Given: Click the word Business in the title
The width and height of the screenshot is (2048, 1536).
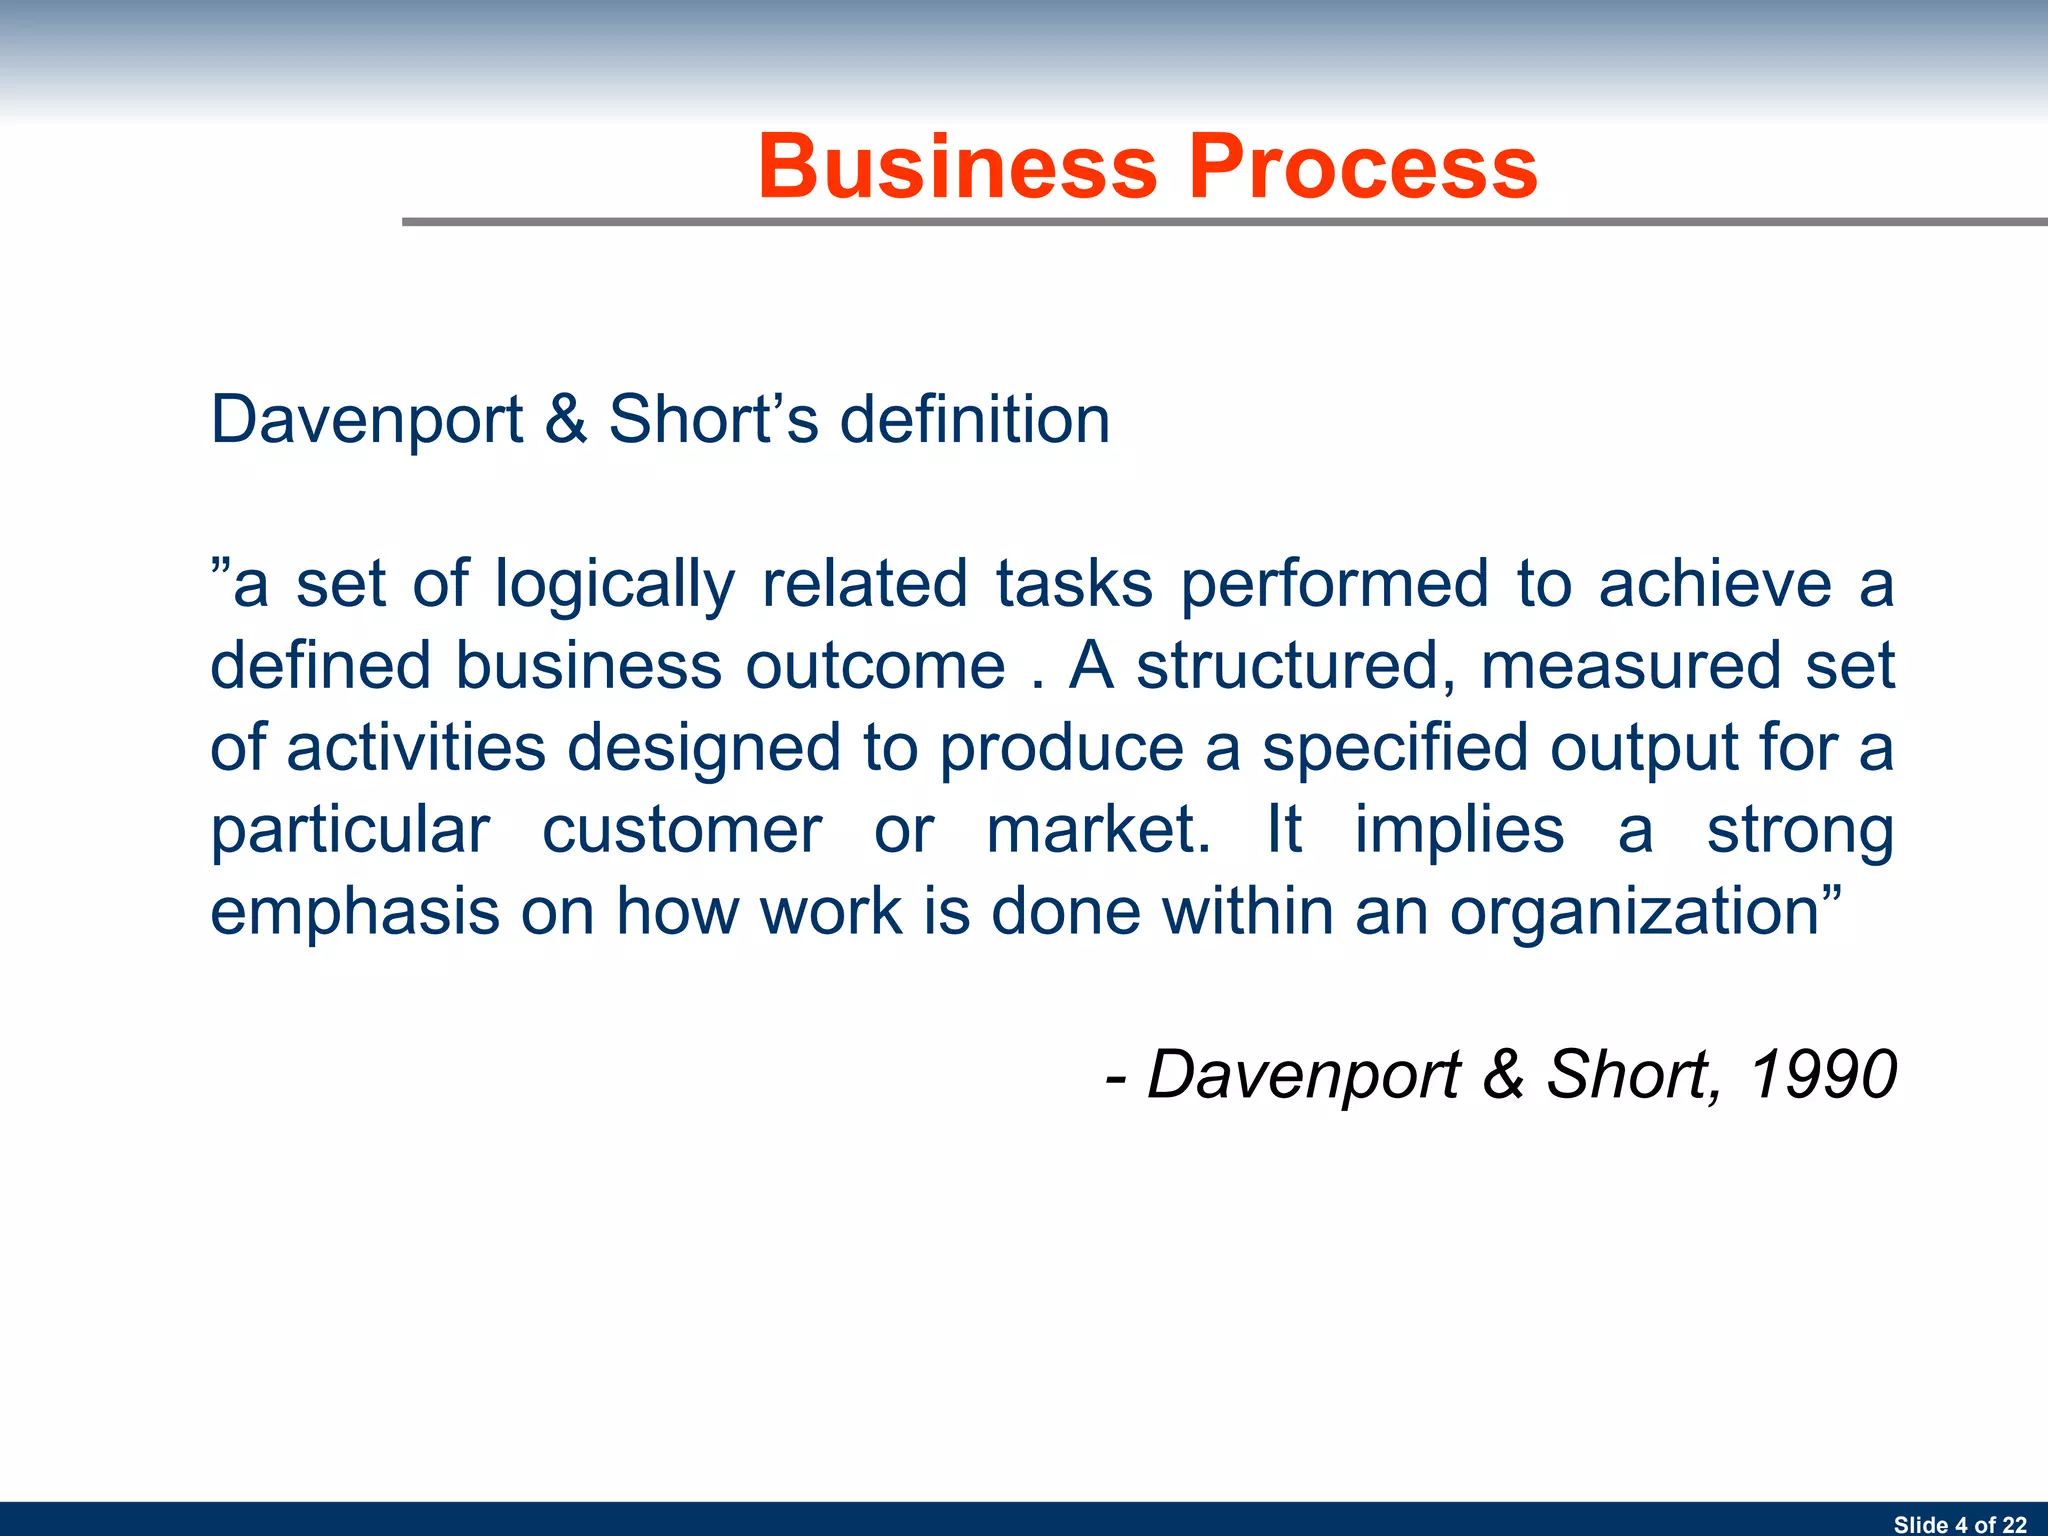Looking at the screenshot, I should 957,167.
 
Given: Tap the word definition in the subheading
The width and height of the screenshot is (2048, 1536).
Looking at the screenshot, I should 975,419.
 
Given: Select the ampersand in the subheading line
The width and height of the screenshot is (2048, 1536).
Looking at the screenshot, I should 566,419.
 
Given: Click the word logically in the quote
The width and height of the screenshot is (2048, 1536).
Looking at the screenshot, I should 614,586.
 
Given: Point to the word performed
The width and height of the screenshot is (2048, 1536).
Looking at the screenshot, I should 1335,586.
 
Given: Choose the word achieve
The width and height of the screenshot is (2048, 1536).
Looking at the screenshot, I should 1714,584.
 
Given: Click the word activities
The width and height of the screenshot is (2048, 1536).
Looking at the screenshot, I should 416,748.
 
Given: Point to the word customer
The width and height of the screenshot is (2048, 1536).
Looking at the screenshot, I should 682,830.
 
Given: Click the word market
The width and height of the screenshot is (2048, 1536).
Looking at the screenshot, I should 1097,830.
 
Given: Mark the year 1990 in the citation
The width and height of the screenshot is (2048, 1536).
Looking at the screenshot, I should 1822,1075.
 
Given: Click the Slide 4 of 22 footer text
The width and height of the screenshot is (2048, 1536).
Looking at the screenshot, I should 1959,1524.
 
